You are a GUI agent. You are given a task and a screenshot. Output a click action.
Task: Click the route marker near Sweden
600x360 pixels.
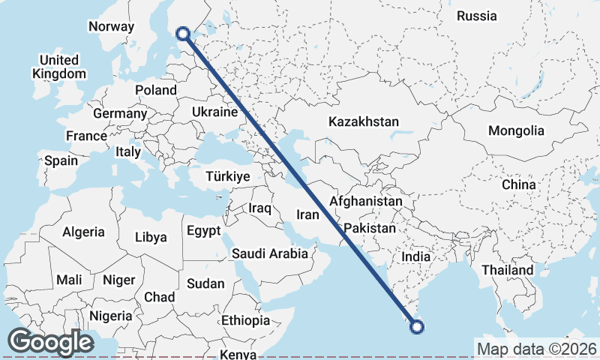coord(182,33)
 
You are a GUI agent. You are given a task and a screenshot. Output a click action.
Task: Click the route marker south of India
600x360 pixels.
coord(417,326)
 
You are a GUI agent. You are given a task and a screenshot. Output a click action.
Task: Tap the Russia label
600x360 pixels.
coord(476,16)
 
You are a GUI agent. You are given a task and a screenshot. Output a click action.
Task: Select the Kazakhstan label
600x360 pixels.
coord(364,121)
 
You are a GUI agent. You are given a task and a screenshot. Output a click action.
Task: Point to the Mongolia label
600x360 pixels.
coord(516,130)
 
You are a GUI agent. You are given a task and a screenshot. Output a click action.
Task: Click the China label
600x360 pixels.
coord(519,184)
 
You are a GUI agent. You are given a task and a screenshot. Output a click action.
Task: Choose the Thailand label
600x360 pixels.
coord(508,270)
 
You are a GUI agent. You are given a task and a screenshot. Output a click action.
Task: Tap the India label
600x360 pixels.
coord(416,257)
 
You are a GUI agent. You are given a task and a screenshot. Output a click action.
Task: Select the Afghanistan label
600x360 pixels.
coord(366,202)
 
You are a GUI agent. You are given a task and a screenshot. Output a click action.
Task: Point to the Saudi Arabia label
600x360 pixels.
coord(269,253)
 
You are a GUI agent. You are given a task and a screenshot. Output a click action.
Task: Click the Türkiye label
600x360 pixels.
coord(228,177)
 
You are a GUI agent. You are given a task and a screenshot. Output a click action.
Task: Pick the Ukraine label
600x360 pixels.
coord(214,112)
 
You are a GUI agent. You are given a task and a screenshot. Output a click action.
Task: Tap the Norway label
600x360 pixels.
coord(111,27)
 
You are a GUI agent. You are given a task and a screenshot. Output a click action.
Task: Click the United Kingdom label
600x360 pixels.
coord(59,67)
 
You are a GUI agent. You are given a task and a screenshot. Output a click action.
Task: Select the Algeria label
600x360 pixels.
coord(83,232)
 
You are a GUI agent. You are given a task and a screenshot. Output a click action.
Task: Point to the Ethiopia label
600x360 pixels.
coord(245,320)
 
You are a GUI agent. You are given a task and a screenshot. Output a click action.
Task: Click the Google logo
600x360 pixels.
coord(50,342)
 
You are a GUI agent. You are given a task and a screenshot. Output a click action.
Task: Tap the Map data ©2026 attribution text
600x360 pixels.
coord(536,349)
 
